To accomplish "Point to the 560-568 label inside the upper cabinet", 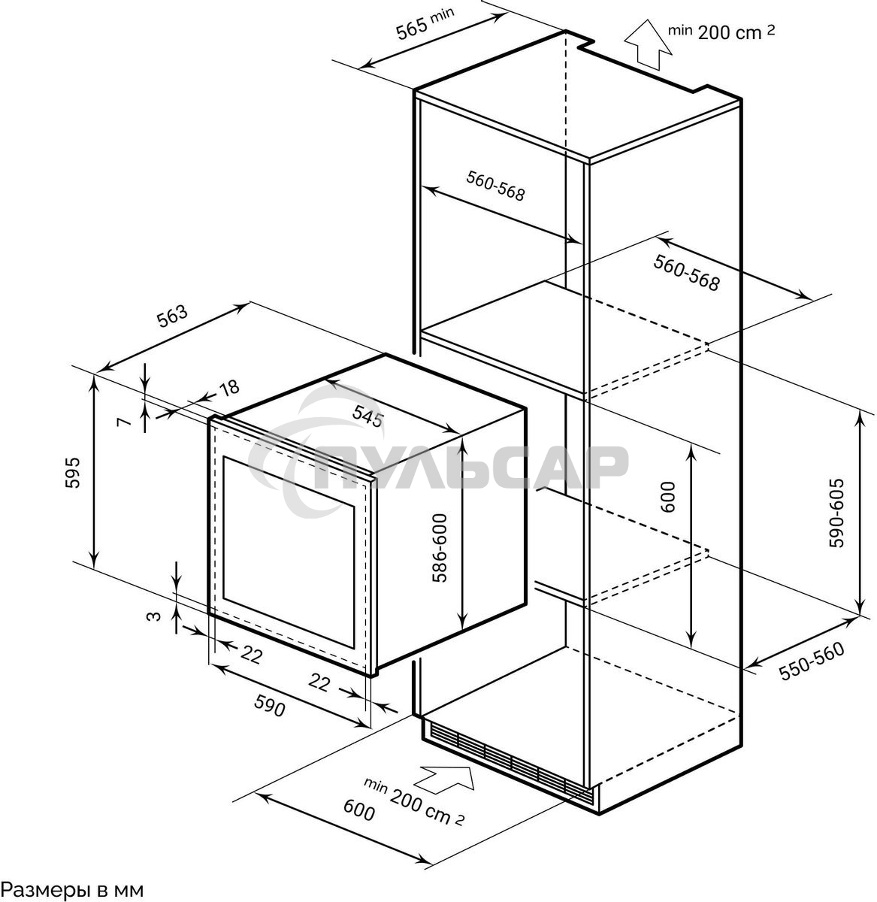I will [495, 186].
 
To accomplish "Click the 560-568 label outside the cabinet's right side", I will [686, 273].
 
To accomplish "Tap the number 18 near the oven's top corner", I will [228, 388].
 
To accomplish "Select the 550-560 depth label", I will [812, 661].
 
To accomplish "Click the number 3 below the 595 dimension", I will [153, 616].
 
